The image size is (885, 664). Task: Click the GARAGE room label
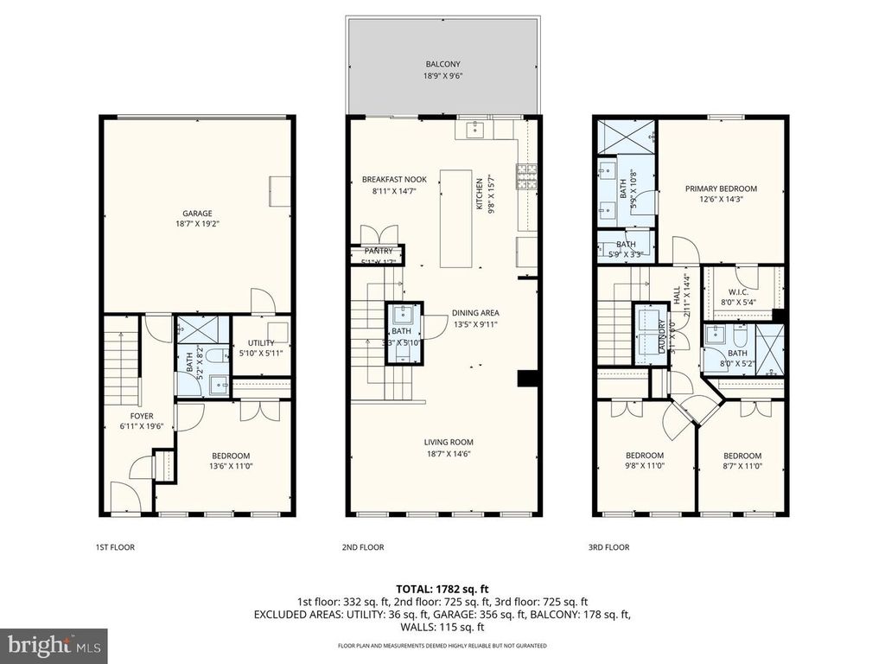[x=196, y=214]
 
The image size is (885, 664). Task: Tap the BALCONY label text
[x=442, y=64]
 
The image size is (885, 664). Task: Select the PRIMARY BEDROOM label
[x=721, y=188]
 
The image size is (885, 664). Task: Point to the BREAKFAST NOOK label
[x=394, y=180]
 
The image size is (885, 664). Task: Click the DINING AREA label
[x=475, y=313]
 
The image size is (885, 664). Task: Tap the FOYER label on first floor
[x=136, y=416]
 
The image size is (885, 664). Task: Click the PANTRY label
[x=379, y=251]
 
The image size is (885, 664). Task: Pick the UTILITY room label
[x=260, y=343]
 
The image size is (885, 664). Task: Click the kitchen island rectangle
[x=456, y=219]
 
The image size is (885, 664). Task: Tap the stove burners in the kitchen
[x=525, y=176]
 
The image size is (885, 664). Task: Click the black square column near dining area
[x=525, y=378]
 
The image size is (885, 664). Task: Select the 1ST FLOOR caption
[x=115, y=547]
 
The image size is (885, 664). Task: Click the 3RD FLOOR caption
[x=609, y=547]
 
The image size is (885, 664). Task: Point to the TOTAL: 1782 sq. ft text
[x=442, y=587]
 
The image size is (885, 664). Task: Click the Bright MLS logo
[x=54, y=645]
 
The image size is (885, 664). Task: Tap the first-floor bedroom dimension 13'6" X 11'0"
[x=231, y=467]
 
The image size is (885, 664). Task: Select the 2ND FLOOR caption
[x=364, y=547]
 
